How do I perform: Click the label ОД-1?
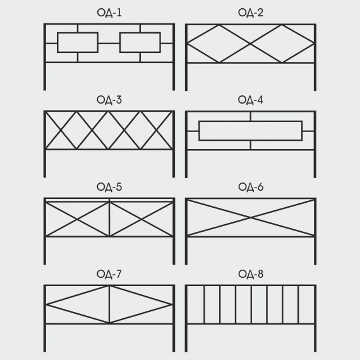point(109,13)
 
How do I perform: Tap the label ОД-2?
point(251,13)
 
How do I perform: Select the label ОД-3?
point(109,100)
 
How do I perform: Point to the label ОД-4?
point(251,100)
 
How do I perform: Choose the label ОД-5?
point(109,187)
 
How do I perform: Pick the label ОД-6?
point(251,187)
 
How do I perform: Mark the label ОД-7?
point(109,274)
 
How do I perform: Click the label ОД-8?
point(251,274)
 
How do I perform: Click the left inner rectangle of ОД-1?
point(57,43)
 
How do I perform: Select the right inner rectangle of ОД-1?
point(120,43)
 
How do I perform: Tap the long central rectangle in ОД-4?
point(199,131)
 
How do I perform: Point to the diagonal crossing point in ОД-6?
point(251,217)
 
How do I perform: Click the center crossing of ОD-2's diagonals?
point(250,43)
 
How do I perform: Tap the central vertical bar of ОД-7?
point(109,304)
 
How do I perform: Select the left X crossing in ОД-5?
point(77,220)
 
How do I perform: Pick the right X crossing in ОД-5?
point(141,220)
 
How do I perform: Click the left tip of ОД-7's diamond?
point(47,304)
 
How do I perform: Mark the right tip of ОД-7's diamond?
point(172,304)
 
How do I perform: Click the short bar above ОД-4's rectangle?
point(251,116)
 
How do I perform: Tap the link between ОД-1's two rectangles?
point(109,43)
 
